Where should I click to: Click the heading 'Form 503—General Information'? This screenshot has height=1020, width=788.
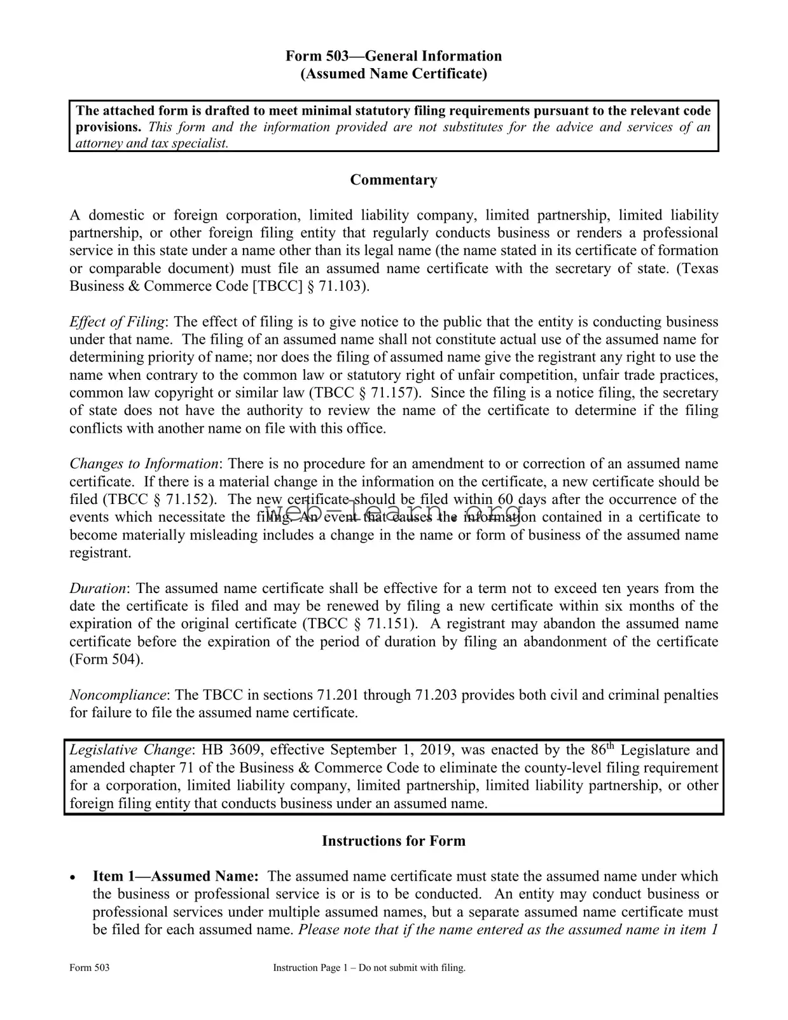pos(393,56)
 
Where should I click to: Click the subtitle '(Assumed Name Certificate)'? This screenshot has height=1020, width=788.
pos(393,74)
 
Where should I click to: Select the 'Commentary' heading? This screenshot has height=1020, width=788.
pos(393,180)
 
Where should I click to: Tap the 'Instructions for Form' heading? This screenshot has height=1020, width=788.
pos(393,841)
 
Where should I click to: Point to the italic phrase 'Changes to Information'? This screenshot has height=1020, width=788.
pos(144,464)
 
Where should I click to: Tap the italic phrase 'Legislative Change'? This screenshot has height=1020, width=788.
pos(130,750)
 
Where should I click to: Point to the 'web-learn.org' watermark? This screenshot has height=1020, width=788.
pos(393,512)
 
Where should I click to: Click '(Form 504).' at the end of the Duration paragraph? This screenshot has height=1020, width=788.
pos(106,660)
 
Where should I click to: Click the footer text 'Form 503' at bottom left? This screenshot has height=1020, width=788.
pos(89,968)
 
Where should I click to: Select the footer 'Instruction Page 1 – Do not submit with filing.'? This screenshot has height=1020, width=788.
pos(369,968)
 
